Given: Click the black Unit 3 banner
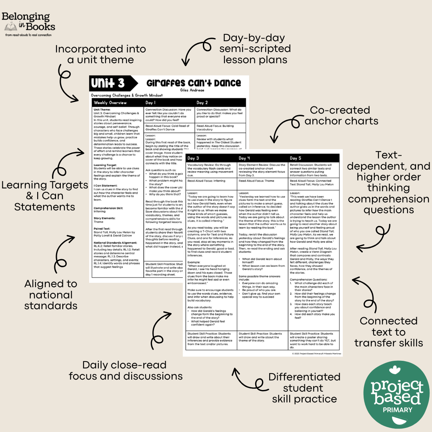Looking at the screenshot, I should [x=108, y=83].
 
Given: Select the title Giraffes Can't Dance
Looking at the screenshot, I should [x=194, y=83].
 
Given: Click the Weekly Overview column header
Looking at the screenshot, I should [x=110, y=103].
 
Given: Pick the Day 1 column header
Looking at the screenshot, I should [x=152, y=103].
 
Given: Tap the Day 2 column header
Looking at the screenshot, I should [x=202, y=103].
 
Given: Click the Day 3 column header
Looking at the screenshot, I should [x=194, y=158].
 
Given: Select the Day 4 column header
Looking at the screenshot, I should [x=245, y=158].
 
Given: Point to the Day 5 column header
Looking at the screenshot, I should [x=296, y=158].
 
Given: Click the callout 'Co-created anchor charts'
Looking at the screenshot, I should [x=341, y=115].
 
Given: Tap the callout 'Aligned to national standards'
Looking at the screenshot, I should [x=51, y=295].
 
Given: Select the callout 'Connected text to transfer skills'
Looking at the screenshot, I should [x=388, y=332].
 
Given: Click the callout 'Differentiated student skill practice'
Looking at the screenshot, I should [x=304, y=388].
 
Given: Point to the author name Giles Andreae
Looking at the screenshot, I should [x=194, y=90].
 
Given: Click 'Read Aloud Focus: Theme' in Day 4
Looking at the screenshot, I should [x=256, y=181].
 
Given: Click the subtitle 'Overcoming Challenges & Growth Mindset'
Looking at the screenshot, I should [x=127, y=96].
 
